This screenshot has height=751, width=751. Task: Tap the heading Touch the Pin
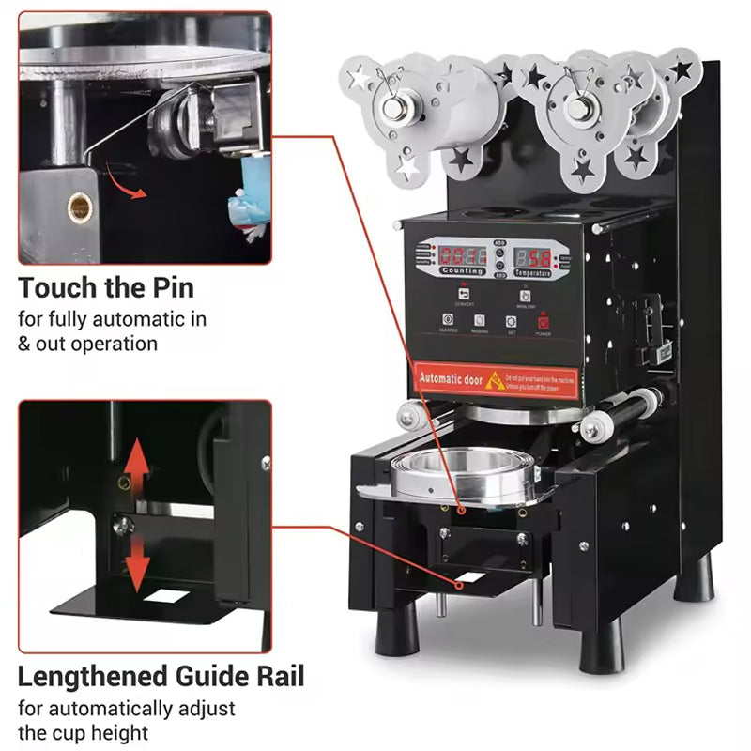click(x=106, y=286)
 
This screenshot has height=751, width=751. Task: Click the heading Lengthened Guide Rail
click(x=161, y=676)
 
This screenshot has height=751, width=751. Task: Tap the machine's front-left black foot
click(x=397, y=629)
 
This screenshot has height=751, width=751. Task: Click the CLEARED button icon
click(x=447, y=320)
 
